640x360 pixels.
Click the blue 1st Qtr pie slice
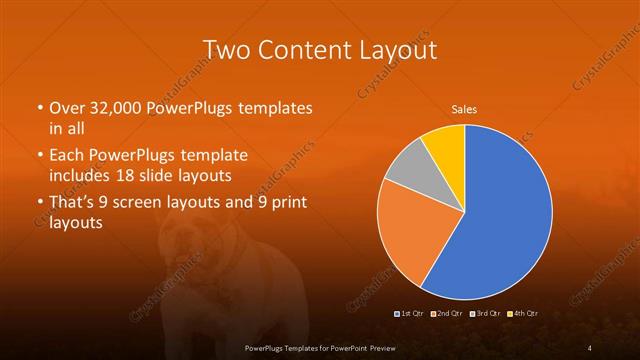point(505,220)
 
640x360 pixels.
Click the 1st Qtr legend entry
point(411,314)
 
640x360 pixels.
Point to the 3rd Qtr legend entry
point(485,314)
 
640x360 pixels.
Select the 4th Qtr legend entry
point(524,314)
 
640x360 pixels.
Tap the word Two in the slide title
point(226,50)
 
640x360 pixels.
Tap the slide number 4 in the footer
point(590,347)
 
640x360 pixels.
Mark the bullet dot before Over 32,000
point(39,108)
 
